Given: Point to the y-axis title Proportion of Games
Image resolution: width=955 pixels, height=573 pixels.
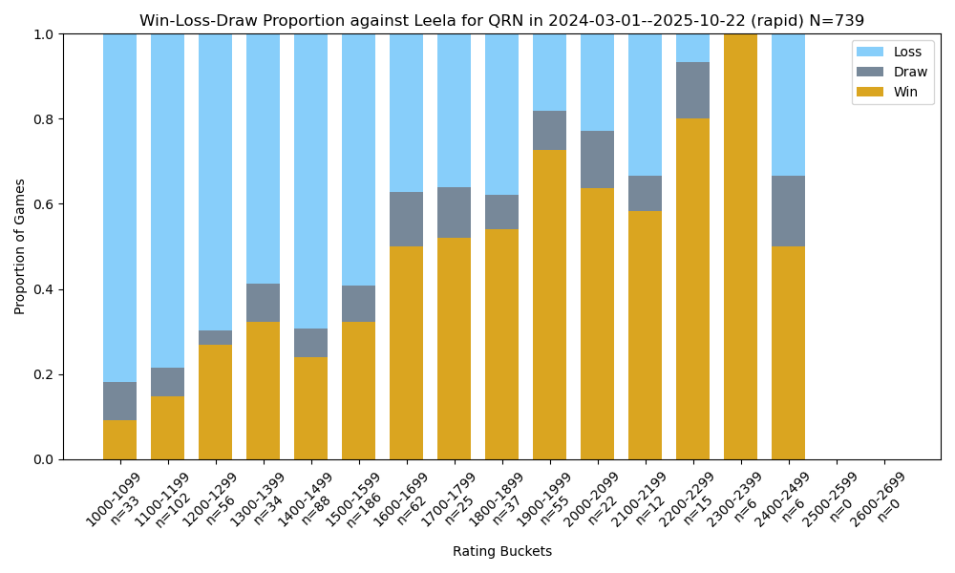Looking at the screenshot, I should (x=20, y=246).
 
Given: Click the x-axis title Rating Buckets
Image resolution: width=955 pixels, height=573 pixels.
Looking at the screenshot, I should (x=501, y=551).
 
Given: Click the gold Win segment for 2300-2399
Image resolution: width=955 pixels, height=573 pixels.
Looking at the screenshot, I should (x=740, y=246).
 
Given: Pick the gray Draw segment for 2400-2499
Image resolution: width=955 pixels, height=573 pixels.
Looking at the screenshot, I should (x=788, y=211).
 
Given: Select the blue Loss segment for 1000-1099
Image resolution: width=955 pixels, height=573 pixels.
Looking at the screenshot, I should (x=119, y=208).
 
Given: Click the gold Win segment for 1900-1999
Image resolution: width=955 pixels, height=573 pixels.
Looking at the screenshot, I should (x=549, y=305).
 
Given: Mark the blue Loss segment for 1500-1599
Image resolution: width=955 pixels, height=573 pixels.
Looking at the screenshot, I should (x=358, y=159).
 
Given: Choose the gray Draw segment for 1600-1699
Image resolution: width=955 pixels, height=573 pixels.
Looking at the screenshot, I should (x=406, y=219).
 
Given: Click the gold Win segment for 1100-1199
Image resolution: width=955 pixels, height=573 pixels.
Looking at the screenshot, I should (x=167, y=428).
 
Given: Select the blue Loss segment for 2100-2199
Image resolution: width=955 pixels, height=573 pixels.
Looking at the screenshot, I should (x=645, y=105).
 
